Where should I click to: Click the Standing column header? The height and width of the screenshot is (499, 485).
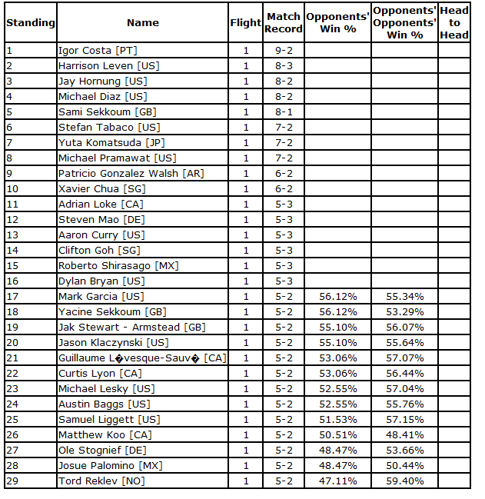point(30,23)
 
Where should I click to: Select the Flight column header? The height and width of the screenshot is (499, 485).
point(246,23)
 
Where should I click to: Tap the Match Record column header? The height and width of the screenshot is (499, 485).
point(284,23)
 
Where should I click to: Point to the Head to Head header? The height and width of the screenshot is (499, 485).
point(454,23)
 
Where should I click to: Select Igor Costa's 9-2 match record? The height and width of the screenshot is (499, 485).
point(284,51)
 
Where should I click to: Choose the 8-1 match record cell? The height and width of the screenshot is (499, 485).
point(284,112)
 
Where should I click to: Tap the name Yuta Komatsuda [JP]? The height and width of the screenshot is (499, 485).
point(106,143)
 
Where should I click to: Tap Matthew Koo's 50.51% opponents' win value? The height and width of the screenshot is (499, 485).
point(337,435)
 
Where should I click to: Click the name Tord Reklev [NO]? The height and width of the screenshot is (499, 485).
point(100,481)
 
